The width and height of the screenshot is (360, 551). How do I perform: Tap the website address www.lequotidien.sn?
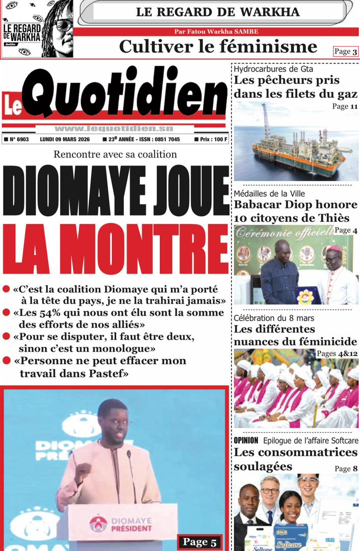(x=114, y=129)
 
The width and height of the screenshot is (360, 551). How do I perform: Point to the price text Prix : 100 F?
(x=211, y=139)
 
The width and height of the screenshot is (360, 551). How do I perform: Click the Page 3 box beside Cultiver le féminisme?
(x=346, y=51)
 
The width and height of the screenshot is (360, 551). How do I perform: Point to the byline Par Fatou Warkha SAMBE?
(x=216, y=32)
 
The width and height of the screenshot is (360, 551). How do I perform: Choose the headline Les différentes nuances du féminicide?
(x=295, y=335)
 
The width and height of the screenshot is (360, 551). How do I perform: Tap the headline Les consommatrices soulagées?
(x=295, y=459)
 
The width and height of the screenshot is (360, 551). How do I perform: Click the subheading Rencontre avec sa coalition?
(x=115, y=155)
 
